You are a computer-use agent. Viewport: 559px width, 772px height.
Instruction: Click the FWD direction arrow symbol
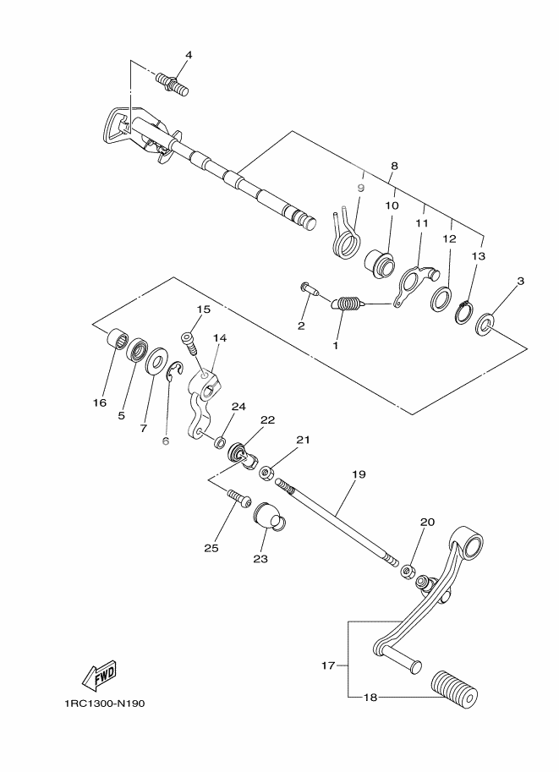(99, 675)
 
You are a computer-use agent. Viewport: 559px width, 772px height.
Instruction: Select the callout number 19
(359, 474)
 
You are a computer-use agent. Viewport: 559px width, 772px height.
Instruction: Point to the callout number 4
(189, 55)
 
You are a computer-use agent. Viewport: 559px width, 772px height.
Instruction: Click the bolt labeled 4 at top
(173, 83)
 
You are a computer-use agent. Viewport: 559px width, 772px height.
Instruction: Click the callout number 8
(393, 167)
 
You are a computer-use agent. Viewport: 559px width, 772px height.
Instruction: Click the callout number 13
(479, 255)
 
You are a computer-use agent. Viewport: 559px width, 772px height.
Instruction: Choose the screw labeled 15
(188, 342)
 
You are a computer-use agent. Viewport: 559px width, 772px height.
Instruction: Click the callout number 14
(220, 337)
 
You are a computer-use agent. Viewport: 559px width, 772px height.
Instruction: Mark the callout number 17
(328, 665)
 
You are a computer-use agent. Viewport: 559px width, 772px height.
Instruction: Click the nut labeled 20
(409, 572)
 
